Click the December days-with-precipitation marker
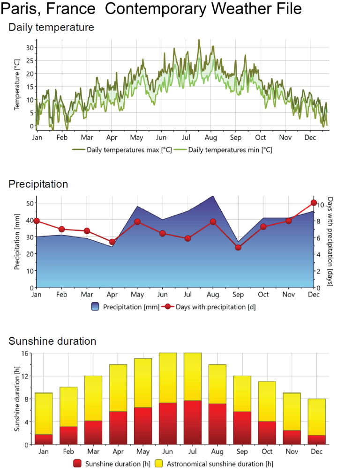pos(314,202)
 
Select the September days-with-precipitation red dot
pos(238,248)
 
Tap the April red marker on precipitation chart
pos(112,242)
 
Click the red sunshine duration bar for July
pos(193,422)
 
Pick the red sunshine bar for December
pos(317,440)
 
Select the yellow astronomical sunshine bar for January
pos(44,414)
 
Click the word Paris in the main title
pos(22,9)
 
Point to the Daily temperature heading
pos(51,27)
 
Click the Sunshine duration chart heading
pos(52,341)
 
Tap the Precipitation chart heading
pos(38,184)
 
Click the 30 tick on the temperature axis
pos(30,47)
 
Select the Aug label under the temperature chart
pos(211,138)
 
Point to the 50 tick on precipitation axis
pos(30,203)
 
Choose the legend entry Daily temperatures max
pos(122,149)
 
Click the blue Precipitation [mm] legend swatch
pos(95,306)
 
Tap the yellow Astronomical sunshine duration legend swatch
pos(159,463)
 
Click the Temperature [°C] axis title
pos(17,85)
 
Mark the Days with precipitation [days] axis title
pos(330,242)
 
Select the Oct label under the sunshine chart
pos(267,452)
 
